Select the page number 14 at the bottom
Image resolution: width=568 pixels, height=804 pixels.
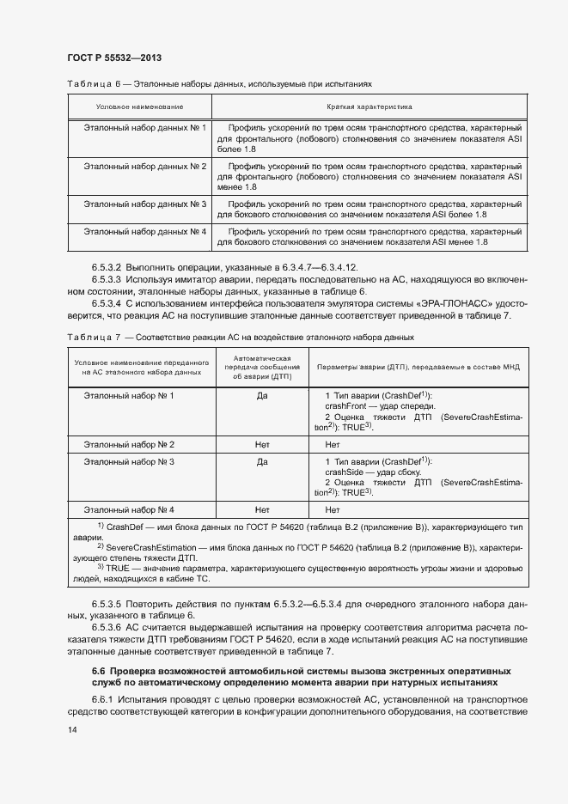point(71,730)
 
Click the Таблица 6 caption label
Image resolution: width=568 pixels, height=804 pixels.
point(91,83)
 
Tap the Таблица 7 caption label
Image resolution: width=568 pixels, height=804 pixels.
point(91,337)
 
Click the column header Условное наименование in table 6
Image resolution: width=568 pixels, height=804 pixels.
point(139,107)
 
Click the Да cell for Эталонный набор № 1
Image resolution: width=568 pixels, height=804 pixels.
point(262,395)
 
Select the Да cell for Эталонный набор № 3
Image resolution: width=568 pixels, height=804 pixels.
point(262,461)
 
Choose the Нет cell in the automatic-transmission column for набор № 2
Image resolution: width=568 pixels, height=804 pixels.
point(262,444)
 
